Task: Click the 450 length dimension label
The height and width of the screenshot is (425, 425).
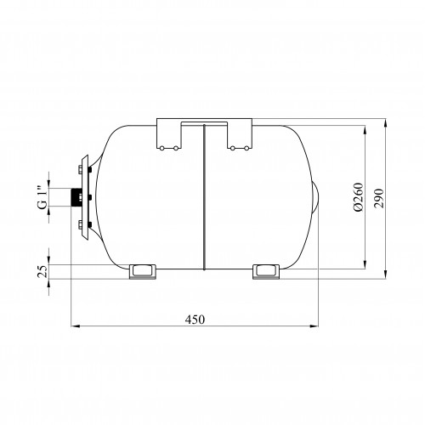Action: coord(195,320)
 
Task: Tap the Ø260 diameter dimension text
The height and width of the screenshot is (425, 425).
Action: coord(358,197)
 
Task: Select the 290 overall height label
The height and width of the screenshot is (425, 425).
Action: coord(378,198)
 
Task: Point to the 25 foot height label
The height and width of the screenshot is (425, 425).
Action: coord(43,271)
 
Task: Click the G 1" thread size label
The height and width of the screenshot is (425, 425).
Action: coord(42,198)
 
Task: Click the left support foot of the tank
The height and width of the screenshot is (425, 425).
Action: coord(143,272)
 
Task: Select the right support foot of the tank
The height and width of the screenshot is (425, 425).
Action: coord(266,272)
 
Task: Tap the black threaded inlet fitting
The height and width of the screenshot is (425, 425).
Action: coord(76,197)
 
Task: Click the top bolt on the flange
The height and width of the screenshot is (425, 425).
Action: coord(80,170)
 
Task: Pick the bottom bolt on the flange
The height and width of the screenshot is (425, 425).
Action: coord(80,225)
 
